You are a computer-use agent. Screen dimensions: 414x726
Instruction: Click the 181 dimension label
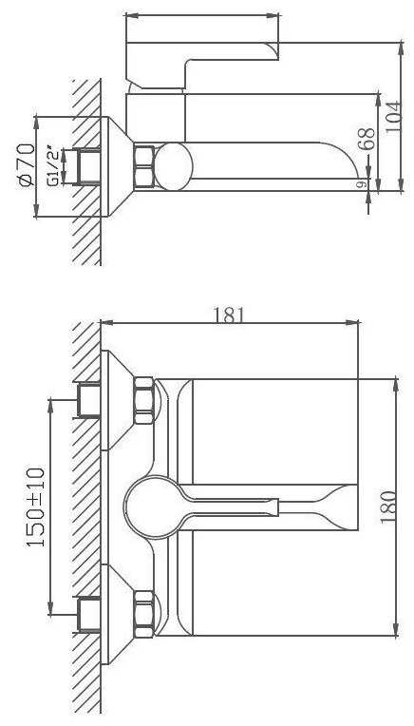[229, 315]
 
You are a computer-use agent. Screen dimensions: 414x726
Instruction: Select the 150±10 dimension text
[36, 507]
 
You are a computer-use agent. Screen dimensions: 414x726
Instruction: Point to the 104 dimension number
[393, 117]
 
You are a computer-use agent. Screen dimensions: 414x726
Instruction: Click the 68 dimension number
[367, 139]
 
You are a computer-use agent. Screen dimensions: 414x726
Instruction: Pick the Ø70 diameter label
[27, 165]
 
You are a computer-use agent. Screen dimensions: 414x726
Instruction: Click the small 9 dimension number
[363, 184]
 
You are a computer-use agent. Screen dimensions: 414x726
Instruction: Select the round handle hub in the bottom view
[151, 507]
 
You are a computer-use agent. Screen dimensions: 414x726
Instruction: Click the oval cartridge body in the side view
[174, 166]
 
